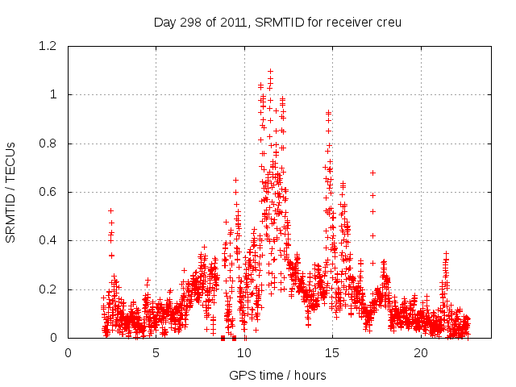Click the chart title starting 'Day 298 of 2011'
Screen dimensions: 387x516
277,22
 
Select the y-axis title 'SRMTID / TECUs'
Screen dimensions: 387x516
10,192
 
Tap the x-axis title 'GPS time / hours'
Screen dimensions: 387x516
277,375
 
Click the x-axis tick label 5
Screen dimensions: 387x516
156,353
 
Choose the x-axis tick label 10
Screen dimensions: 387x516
245,353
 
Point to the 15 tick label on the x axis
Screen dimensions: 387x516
333,353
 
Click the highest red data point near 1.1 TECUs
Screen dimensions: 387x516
270,71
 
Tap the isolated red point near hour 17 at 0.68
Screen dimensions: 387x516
372,173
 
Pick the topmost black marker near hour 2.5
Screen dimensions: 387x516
110,210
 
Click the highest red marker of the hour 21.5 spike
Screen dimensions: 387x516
446,253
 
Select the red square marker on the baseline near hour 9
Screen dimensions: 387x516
223,338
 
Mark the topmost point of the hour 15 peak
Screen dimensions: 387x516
328,112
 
